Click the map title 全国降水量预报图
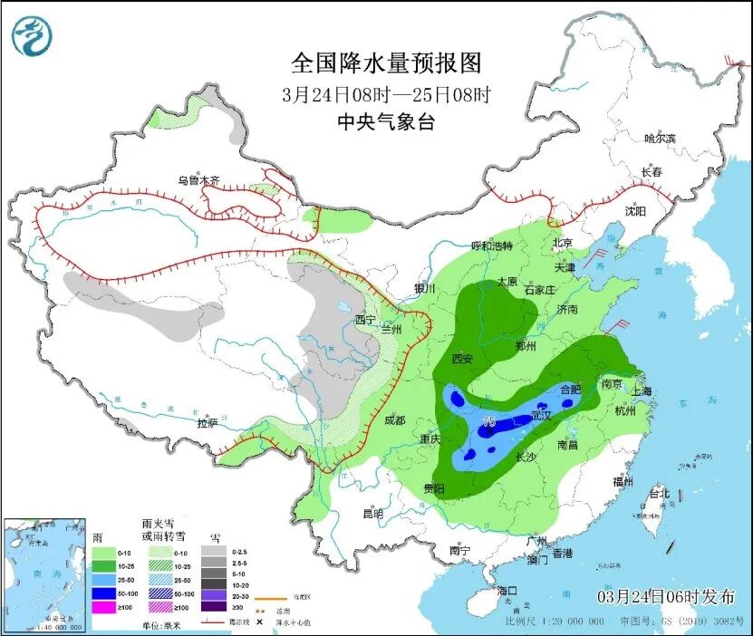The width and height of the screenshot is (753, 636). (x=385, y=63)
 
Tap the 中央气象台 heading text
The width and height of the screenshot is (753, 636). (x=385, y=122)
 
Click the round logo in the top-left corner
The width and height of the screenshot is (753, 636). (x=32, y=36)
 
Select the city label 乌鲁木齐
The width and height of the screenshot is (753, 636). (x=198, y=180)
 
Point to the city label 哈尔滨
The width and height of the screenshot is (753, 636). (x=660, y=139)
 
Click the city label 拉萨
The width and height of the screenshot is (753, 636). (x=208, y=422)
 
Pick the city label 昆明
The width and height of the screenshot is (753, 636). (x=372, y=514)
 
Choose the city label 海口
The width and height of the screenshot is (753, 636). (x=507, y=591)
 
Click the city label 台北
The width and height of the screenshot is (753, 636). (x=659, y=494)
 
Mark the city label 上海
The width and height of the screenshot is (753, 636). (x=642, y=390)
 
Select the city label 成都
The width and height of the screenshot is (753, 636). (x=396, y=419)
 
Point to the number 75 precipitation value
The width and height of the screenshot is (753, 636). (x=488, y=422)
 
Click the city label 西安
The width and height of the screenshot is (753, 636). (x=462, y=359)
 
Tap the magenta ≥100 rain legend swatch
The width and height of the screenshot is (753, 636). (x=104, y=608)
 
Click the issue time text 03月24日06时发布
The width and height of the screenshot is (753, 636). (x=666, y=595)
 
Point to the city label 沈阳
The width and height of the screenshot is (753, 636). (x=634, y=211)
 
